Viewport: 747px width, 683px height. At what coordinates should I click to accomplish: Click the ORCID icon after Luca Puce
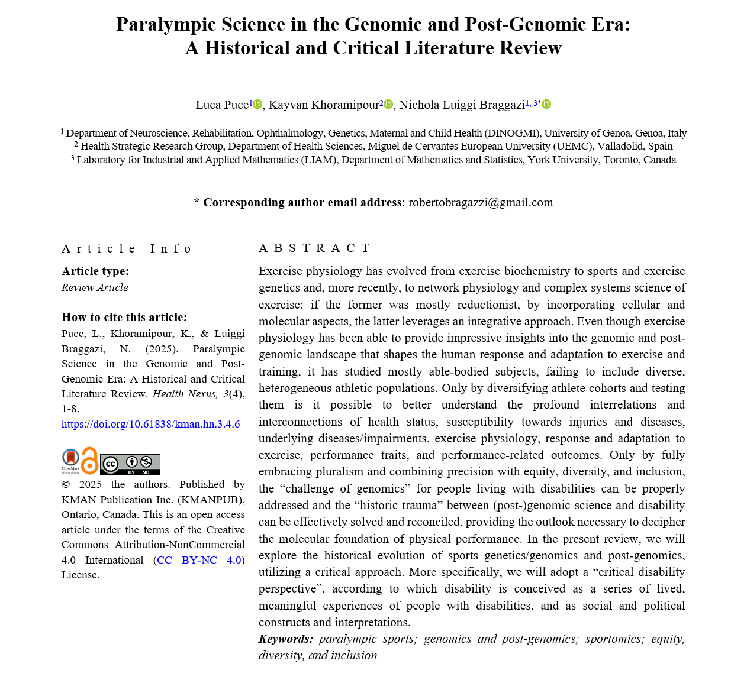pyautogui.click(x=257, y=105)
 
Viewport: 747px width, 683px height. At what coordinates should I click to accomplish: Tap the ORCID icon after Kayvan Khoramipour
pyautogui.click(x=388, y=105)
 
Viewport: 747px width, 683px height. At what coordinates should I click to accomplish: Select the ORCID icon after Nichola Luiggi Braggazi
pyautogui.click(x=546, y=105)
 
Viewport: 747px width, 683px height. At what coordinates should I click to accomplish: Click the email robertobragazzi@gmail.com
pyautogui.click(x=481, y=202)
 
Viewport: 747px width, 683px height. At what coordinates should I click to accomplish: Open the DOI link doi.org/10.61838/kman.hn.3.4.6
pyautogui.click(x=150, y=424)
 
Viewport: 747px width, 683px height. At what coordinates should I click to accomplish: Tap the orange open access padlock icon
pyautogui.click(x=89, y=461)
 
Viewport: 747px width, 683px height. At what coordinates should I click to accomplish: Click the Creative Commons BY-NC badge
pyautogui.click(x=130, y=465)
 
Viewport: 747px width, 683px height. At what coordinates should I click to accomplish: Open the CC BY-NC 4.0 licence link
pyautogui.click(x=199, y=560)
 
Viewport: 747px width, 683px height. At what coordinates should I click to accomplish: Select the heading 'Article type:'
pyautogui.click(x=95, y=271)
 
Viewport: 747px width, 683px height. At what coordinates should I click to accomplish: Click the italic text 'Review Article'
pyautogui.click(x=95, y=288)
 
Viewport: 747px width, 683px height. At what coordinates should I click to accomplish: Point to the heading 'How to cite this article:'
pyautogui.click(x=124, y=317)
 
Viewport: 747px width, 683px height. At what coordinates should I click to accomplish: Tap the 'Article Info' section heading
pyautogui.click(x=127, y=248)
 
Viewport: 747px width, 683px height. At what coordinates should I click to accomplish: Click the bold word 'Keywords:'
pyautogui.click(x=286, y=639)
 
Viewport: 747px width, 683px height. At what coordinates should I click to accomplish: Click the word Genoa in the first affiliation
pyautogui.click(x=616, y=134)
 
